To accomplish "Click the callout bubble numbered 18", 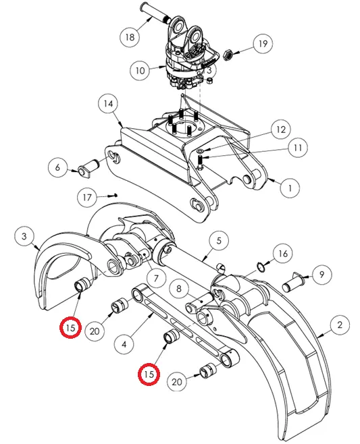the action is [130, 37].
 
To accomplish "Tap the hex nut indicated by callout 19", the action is [228, 55].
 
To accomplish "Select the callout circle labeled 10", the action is [140, 70].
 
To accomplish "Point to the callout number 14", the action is [108, 104].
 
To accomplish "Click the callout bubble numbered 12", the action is [280, 130].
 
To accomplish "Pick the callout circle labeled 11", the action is [298, 148].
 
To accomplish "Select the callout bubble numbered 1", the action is [290, 188].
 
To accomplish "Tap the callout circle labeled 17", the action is [87, 197].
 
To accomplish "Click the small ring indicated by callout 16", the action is [261, 266].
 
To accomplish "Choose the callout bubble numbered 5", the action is [219, 241].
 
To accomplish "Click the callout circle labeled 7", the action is [156, 279].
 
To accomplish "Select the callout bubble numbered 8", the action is [178, 289].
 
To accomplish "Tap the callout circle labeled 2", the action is [340, 325].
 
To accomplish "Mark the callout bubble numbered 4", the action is [124, 344].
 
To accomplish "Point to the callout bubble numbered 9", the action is [322, 274].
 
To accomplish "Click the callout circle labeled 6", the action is [58, 167].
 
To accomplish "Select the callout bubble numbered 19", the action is [263, 44].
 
